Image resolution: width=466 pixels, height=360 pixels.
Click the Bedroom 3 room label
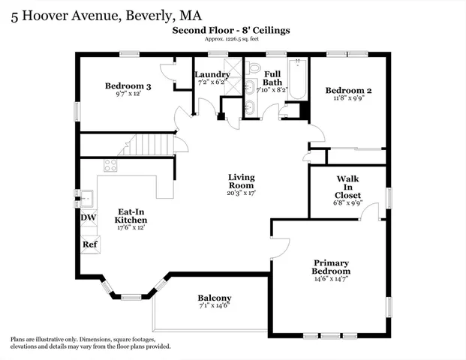pyautogui.click(x=128, y=86)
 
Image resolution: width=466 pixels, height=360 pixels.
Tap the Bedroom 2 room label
pyautogui.click(x=348, y=91)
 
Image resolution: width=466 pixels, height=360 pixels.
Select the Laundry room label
pyautogui.click(x=212, y=74)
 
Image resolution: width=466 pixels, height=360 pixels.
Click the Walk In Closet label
pyautogui.click(x=347, y=187)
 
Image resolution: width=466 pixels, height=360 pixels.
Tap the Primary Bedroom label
pyautogui.click(x=332, y=267)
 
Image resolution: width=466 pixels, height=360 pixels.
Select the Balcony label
pyautogui.click(x=215, y=298)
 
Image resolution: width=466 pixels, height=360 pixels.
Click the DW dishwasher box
pyautogui.click(x=89, y=218)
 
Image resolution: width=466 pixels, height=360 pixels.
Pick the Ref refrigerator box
pyautogui.click(x=89, y=244)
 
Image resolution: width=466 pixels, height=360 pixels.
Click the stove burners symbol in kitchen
pyautogui.click(x=110, y=166)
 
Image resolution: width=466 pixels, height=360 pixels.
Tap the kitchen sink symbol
pyautogui.click(x=86, y=198)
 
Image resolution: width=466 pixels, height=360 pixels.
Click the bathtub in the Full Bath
pyautogui.click(x=298, y=81)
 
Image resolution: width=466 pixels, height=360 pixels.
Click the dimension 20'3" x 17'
pyautogui.click(x=242, y=193)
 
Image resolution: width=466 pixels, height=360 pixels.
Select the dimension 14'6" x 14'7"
pyautogui.click(x=332, y=279)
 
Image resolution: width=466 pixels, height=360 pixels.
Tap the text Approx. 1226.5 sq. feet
pyautogui.click(x=231, y=40)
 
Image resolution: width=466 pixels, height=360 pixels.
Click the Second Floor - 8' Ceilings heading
pyautogui.click(x=231, y=31)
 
